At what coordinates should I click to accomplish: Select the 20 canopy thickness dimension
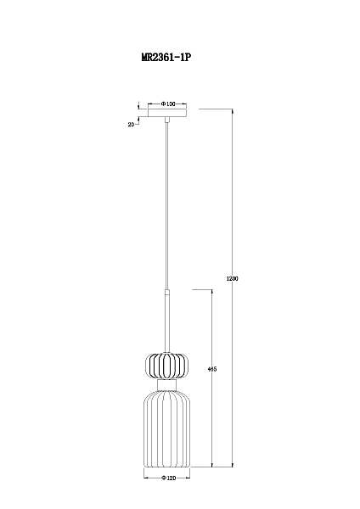pyautogui.click(x=131, y=125)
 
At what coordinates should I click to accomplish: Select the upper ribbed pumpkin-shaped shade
pyautogui.click(x=167, y=366)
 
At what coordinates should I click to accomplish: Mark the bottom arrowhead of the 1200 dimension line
pyautogui.click(x=233, y=466)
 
